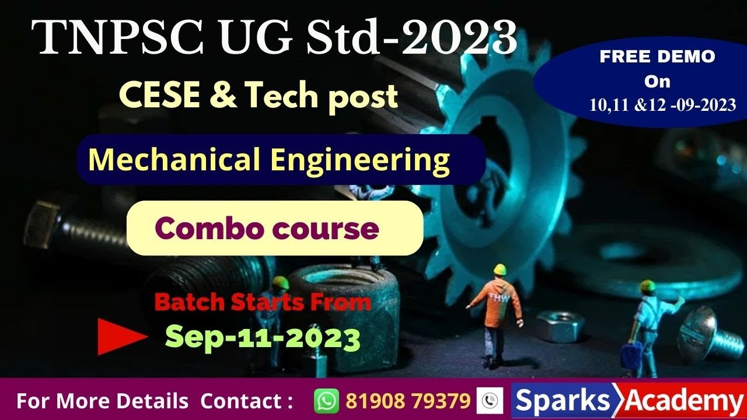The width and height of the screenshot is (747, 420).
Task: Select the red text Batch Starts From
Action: pyautogui.click(x=263, y=302)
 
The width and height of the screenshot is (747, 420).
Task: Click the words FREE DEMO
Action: pyautogui.click(x=657, y=57)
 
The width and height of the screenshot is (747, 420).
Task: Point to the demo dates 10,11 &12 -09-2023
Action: pyautogui.click(x=662, y=106)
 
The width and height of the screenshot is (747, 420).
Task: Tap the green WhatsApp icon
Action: pyautogui.click(x=326, y=401)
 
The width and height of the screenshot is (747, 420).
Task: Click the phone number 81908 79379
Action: pyautogui.click(x=408, y=401)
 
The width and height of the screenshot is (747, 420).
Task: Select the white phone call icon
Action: pyautogui.click(x=490, y=401)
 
